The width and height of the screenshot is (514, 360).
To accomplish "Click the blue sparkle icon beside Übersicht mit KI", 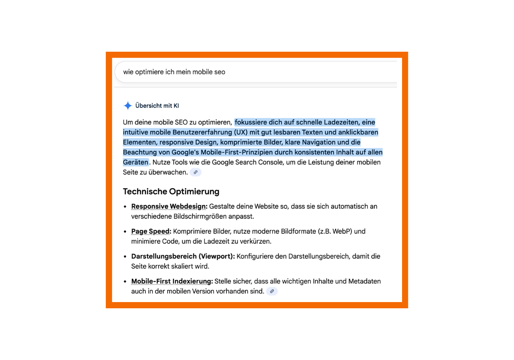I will (128, 105).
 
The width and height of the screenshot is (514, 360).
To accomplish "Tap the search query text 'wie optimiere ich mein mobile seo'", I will (174, 72).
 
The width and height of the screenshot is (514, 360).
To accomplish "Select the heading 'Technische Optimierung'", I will (171, 191).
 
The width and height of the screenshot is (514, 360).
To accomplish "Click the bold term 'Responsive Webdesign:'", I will (169, 206).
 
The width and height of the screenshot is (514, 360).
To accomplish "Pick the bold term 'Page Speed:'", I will (151, 231).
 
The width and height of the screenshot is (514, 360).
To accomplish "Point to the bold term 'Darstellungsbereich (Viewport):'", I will (183, 256).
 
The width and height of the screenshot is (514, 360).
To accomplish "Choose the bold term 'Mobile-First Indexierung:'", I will (172, 281).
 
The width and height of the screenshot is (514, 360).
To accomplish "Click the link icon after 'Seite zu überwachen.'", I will (196, 172).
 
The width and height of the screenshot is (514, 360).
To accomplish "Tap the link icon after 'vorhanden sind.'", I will (272, 291).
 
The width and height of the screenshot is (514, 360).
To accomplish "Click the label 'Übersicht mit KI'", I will (157, 106).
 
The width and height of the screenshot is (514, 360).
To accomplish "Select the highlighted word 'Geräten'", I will (136, 162).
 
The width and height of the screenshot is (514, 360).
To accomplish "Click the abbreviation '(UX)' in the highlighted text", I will (241, 132).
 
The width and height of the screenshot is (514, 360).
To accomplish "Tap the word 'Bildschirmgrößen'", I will (201, 217).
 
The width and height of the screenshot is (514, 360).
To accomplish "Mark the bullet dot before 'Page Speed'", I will (125, 232).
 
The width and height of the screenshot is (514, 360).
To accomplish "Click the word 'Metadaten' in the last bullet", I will (364, 281).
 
